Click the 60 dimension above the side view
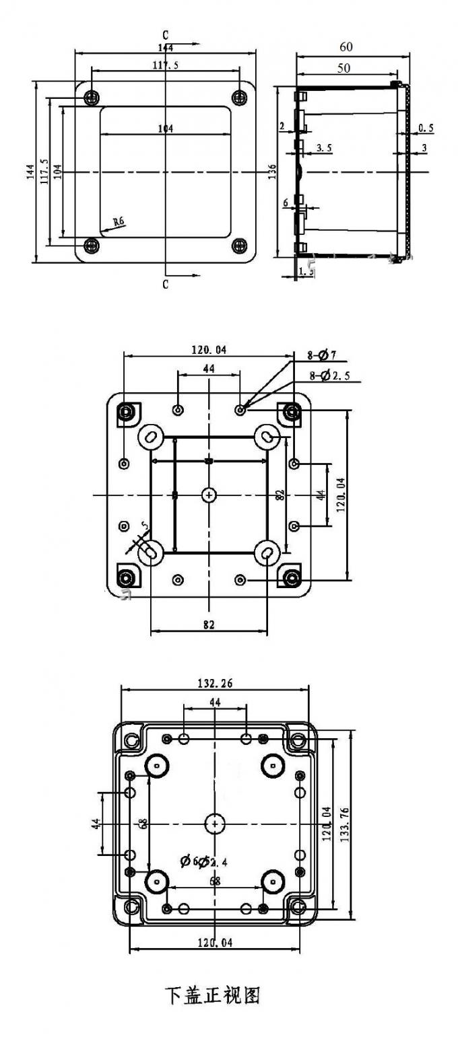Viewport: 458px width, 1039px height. coord(346,47)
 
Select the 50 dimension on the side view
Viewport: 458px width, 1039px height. coord(343,68)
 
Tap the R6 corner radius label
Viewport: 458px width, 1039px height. coord(119,221)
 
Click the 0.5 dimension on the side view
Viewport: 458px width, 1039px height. coord(426,127)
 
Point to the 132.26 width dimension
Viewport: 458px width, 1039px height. coord(215,683)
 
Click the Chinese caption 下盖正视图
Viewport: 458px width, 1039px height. coord(212,995)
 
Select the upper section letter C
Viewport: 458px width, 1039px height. coord(165,34)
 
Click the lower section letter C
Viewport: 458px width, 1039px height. coord(165,285)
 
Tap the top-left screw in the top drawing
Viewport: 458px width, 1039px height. coord(92,98)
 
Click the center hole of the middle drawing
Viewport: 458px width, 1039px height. coord(209,495)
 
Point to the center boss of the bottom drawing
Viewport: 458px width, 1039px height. coord(215,823)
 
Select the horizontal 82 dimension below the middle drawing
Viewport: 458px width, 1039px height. coord(208,625)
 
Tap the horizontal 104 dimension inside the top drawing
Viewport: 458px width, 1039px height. coord(166,128)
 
